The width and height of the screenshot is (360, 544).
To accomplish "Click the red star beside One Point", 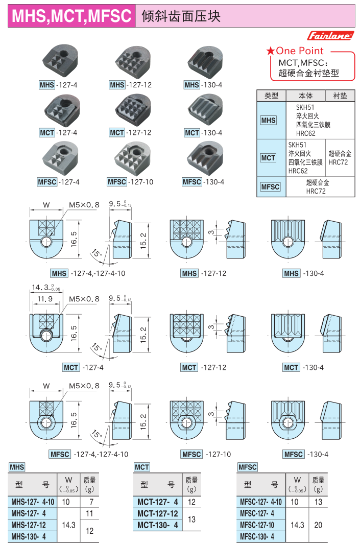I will pos(270,51).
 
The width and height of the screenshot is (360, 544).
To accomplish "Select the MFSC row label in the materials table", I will pos(270,187).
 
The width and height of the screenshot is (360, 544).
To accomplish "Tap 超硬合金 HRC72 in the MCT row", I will pos(340,157).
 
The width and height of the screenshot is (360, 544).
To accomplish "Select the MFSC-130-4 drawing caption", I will pos(306,454).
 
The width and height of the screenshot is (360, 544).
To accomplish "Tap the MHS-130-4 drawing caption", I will pos(305,273).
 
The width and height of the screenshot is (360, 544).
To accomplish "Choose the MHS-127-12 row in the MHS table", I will pos(29,525).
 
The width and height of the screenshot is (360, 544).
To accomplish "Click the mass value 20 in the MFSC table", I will pos(318,525).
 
